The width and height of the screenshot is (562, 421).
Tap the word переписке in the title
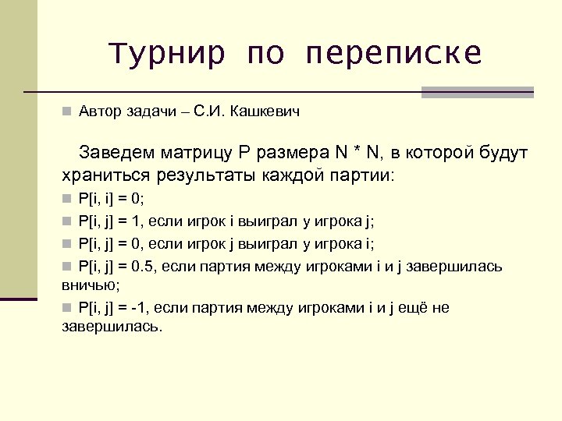(x=394, y=54)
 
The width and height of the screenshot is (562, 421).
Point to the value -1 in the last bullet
(x=140, y=307)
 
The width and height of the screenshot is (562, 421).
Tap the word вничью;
(x=91, y=285)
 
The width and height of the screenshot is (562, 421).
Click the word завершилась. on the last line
(x=112, y=326)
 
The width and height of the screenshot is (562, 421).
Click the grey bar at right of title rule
(x=477, y=92)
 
